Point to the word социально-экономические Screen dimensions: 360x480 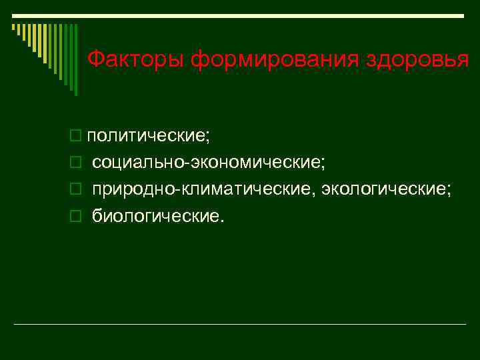[x=207, y=163]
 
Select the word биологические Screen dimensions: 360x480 [x=156, y=216]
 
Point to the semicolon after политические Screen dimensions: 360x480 [x=207, y=137]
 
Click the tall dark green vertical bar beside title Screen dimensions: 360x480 [x=75, y=60]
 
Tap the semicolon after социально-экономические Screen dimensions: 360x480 [x=323, y=165]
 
